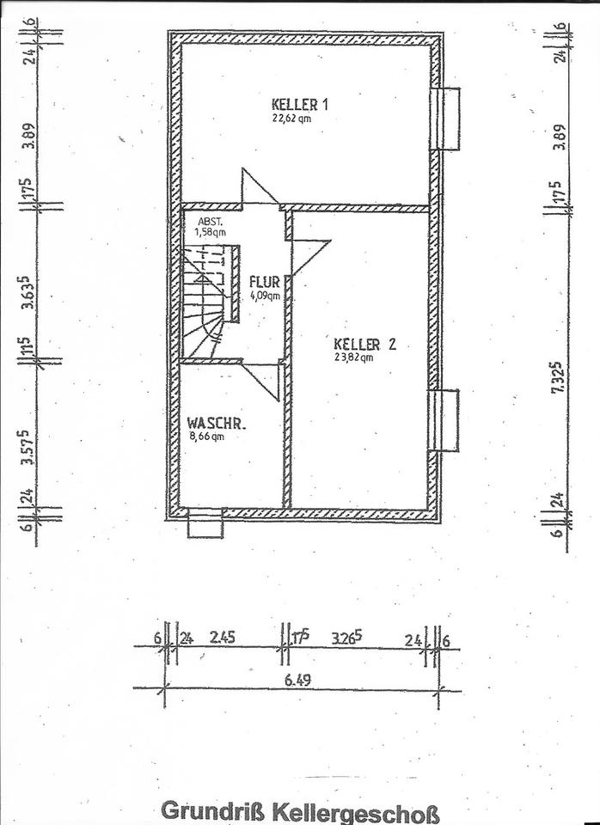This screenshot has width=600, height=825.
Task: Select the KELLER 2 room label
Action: coord(365,345)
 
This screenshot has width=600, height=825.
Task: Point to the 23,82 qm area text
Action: coord(354,359)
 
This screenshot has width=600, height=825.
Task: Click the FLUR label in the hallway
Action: coord(264,282)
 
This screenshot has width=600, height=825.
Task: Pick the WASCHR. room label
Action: coord(217,424)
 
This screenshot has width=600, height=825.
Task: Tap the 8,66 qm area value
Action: coord(205,437)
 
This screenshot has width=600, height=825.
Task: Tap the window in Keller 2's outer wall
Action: coord(444,419)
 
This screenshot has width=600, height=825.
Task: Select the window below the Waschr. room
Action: coord(205,523)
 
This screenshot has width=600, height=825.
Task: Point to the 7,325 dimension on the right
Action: coord(560,377)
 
